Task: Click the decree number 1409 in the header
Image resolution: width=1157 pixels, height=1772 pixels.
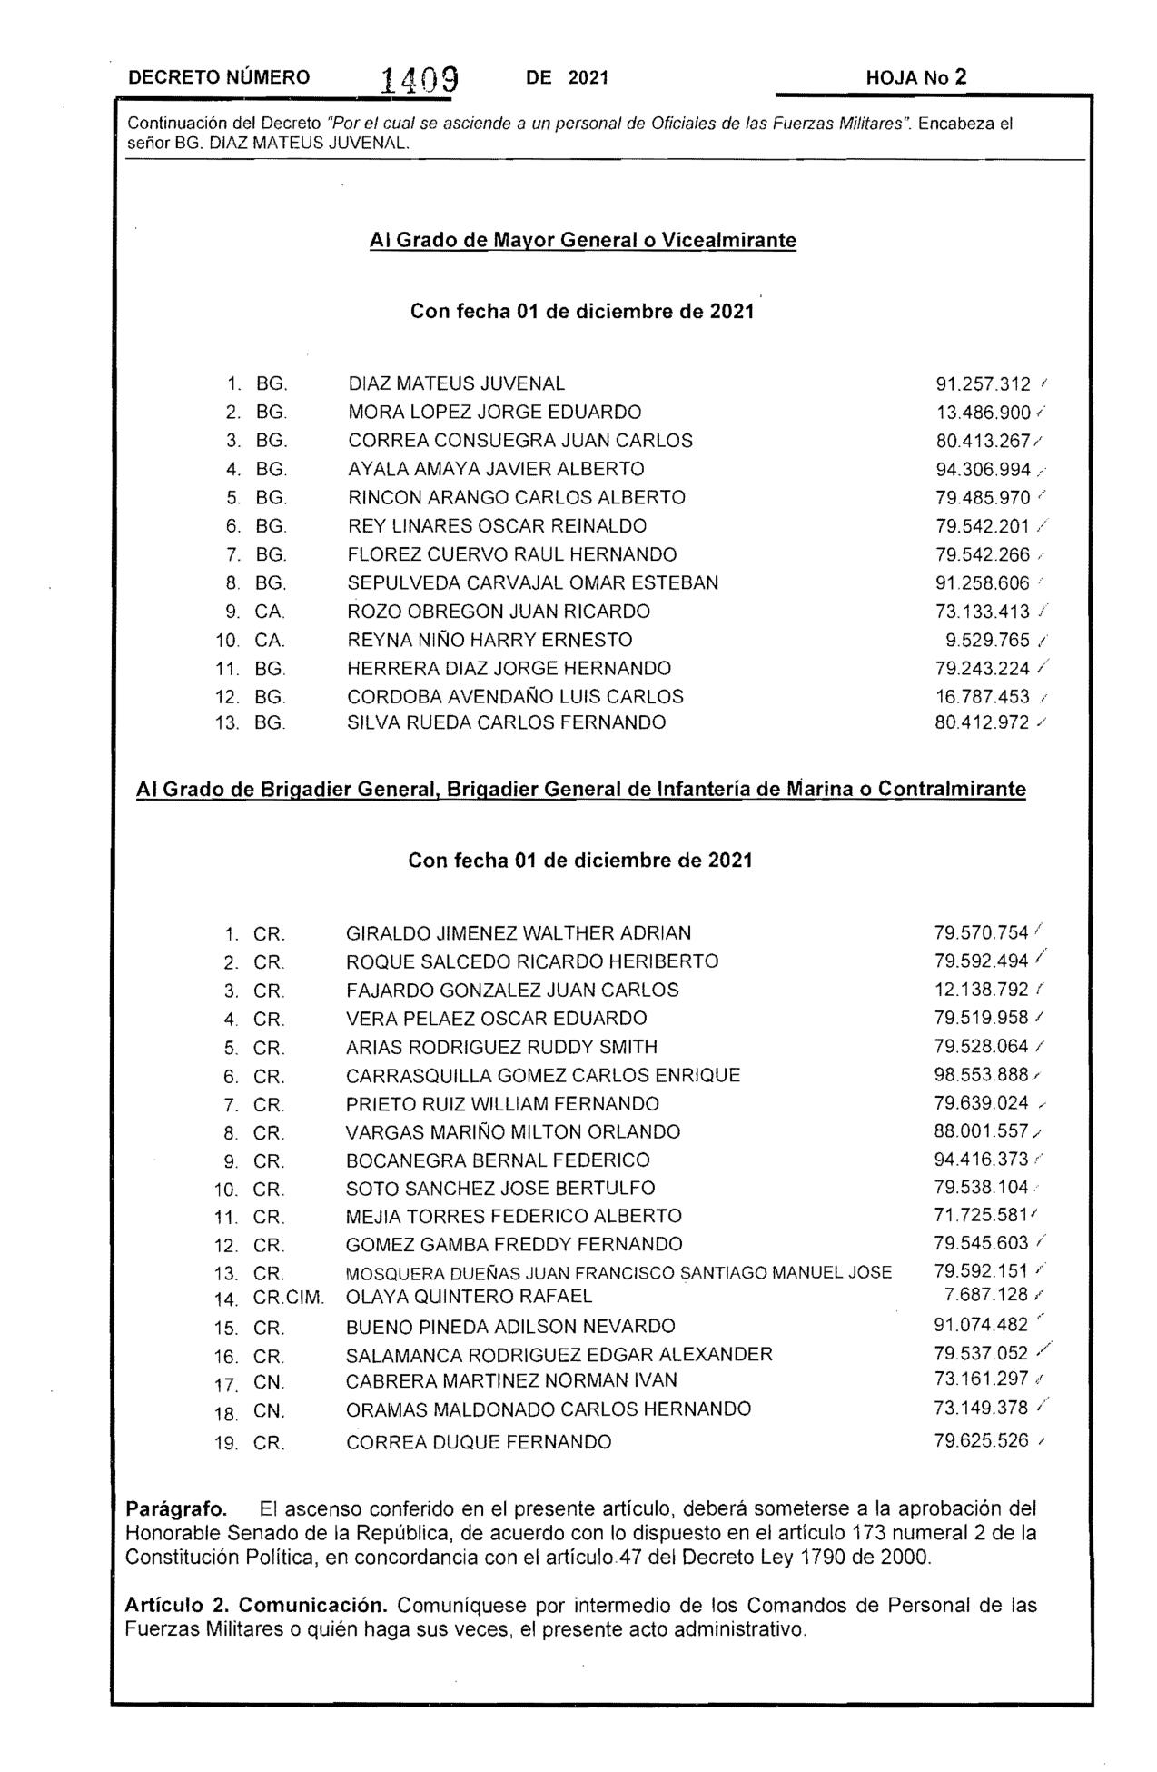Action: point(420,81)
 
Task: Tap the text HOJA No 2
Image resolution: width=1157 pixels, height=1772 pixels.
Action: point(916,78)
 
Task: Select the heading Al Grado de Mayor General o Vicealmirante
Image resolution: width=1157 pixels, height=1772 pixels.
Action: point(583,241)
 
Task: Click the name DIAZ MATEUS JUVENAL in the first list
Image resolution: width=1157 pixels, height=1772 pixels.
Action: point(456,384)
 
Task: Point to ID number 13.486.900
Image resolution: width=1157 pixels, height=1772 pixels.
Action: point(983,413)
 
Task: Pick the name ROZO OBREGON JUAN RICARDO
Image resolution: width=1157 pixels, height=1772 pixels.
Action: point(499,612)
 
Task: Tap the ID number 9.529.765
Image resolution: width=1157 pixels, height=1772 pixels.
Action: point(988,641)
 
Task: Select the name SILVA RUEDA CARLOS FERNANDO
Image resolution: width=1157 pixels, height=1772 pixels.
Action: point(506,723)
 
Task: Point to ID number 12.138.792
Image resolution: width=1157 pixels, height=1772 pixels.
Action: point(981,990)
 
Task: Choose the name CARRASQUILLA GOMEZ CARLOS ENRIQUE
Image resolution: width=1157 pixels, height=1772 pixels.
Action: point(543,1076)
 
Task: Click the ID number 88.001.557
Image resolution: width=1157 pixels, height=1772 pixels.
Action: point(981,1132)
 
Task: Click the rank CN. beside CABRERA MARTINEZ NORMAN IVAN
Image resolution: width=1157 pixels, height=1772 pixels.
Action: point(269,1383)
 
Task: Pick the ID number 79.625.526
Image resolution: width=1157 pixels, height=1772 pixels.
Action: point(981,1441)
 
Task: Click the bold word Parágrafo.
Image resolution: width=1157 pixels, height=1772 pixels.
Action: point(175,1509)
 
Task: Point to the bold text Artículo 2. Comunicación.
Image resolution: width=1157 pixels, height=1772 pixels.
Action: point(257,1606)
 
